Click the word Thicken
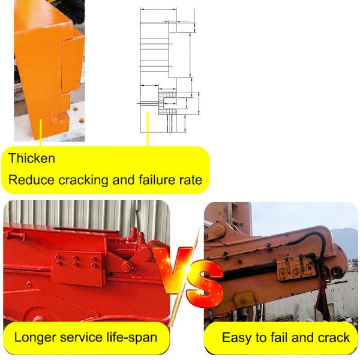[x=32, y=159]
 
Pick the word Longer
[x=38, y=337]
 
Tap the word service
[x=88, y=337]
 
